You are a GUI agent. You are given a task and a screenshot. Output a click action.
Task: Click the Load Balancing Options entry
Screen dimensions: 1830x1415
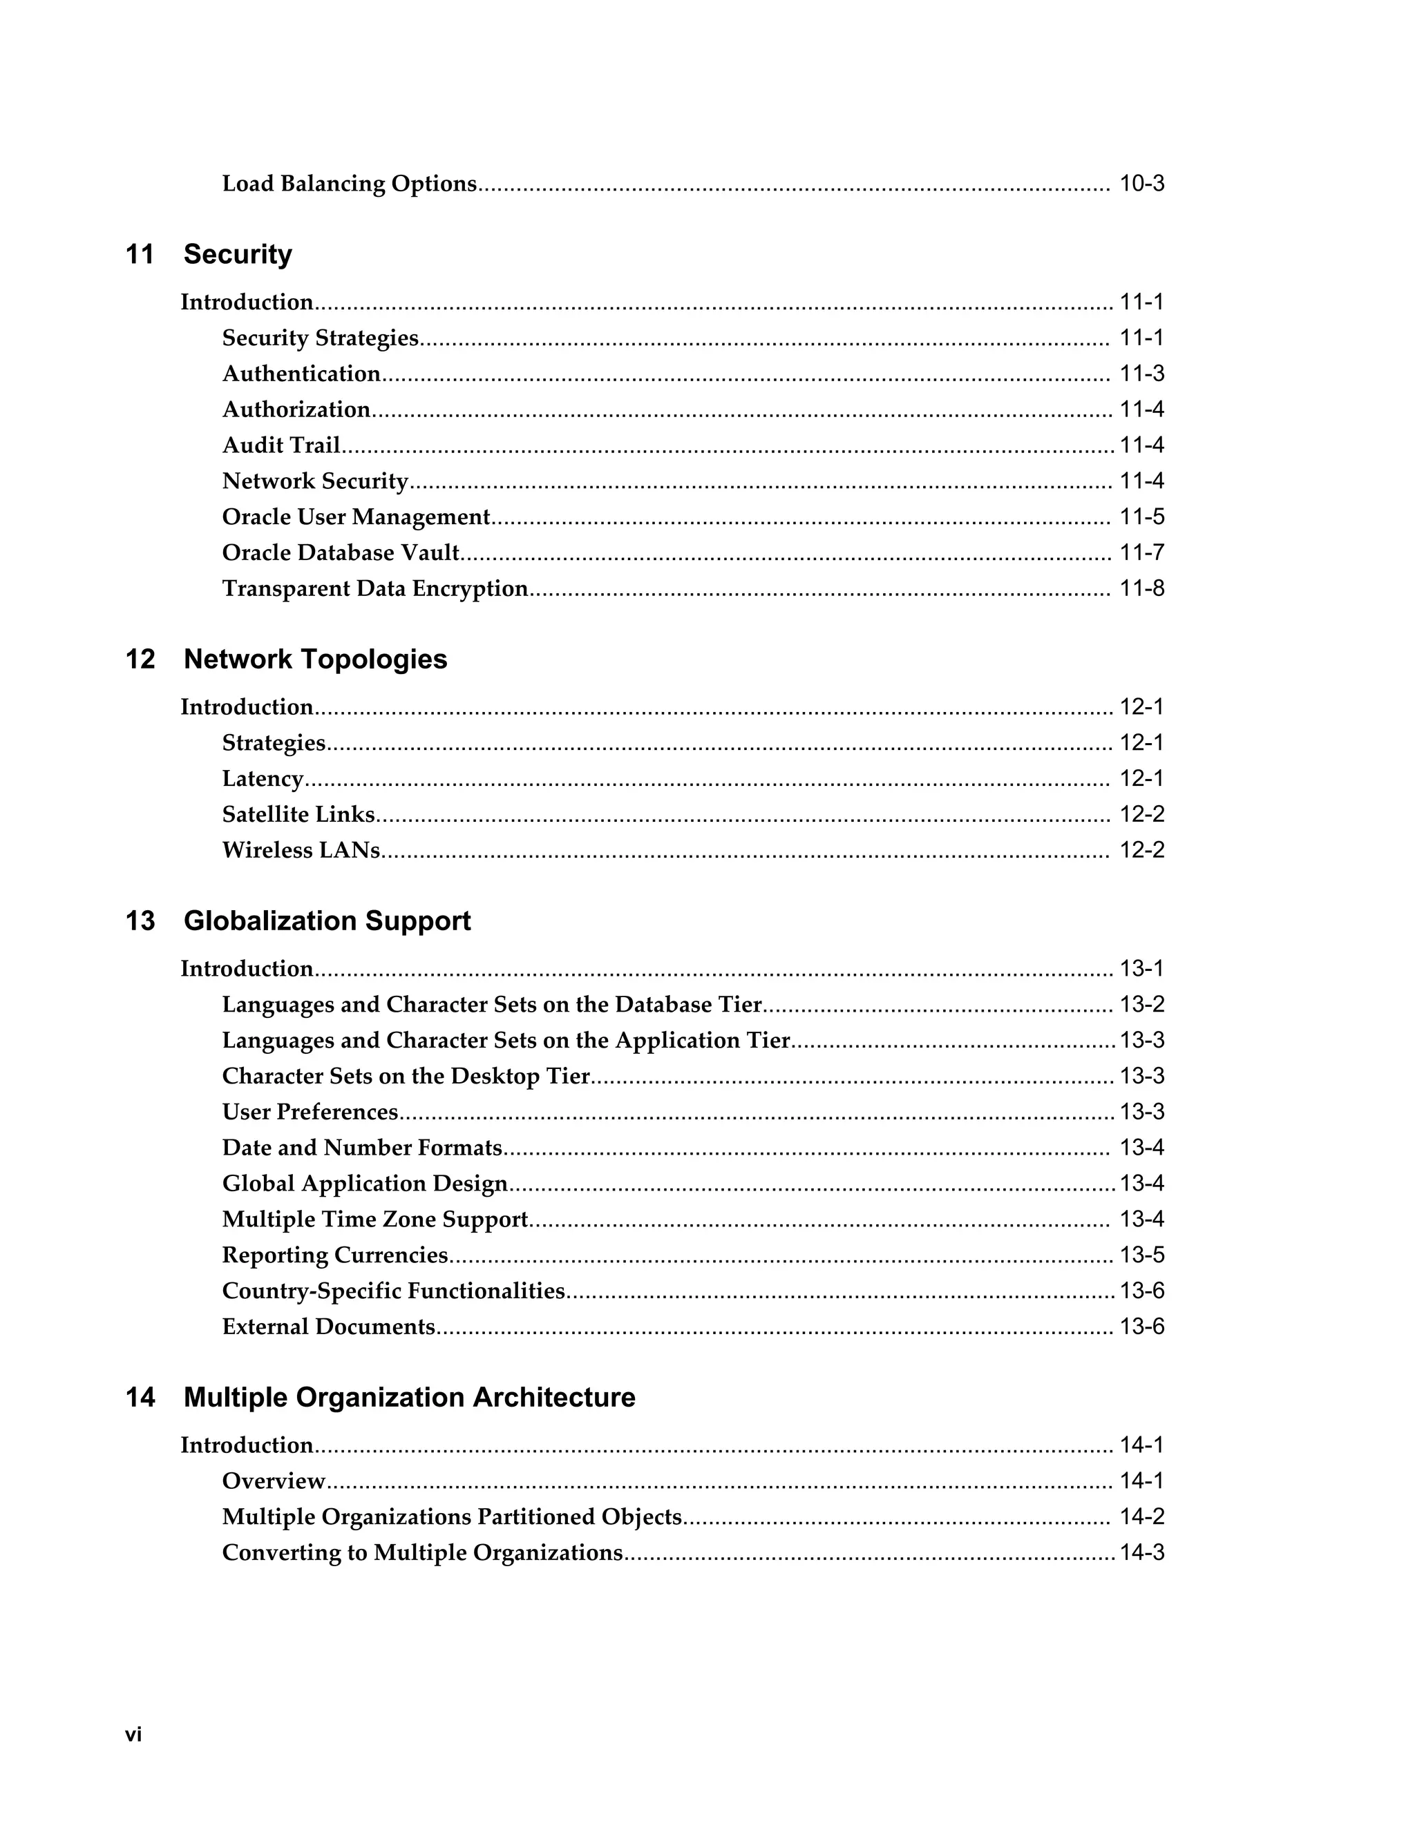(x=349, y=184)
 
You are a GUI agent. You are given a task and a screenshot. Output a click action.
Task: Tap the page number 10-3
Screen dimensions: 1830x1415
(x=1141, y=184)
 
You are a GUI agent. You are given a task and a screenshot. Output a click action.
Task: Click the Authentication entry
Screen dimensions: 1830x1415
(x=301, y=374)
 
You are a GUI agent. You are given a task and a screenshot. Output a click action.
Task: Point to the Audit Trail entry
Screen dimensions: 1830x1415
(x=281, y=445)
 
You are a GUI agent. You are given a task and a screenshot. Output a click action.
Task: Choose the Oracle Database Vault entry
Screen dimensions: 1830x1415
(x=341, y=553)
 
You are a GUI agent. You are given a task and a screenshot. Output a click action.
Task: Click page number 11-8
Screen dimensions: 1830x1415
(x=1141, y=588)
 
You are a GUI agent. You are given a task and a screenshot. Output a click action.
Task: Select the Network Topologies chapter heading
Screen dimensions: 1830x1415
(x=315, y=659)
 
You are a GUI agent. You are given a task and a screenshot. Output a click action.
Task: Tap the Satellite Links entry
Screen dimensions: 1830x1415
(x=298, y=814)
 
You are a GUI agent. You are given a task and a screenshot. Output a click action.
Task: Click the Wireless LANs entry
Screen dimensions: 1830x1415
(x=301, y=851)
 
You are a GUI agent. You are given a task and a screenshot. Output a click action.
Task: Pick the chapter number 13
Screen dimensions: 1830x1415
(x=140, y=921)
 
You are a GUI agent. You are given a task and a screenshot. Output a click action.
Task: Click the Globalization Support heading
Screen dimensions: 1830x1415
(x=327, y=921)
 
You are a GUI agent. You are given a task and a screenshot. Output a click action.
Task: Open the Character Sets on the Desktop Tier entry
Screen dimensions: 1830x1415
(x=406, y=1076)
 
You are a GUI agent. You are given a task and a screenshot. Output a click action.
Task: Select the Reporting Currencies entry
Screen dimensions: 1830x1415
(x=334, y=1255)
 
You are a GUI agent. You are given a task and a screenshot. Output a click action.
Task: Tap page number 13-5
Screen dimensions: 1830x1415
(x=1141, y=1255)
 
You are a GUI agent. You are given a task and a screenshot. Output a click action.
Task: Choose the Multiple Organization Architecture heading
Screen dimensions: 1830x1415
(x=409, y=1397)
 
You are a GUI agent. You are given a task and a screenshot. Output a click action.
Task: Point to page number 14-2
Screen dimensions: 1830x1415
(x=1141, y=1516)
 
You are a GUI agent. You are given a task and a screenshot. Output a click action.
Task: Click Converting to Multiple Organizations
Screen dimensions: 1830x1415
(x=422, y=1552)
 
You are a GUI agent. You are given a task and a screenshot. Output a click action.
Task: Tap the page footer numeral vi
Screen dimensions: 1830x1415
(x=133, y=1735)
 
